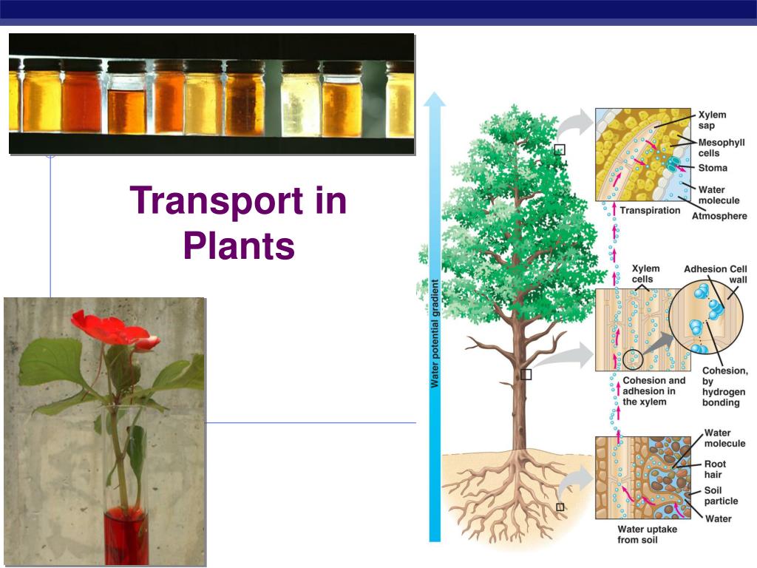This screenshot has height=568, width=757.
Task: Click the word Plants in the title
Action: pos(238,246)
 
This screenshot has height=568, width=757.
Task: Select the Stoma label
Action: pos(713,168)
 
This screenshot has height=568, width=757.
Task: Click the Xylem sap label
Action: pos(713,120)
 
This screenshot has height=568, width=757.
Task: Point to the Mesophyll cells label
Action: pos(722,147)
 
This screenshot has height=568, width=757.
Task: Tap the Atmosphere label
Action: pos(719,216)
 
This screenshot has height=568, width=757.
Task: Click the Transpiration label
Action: pos(650,211)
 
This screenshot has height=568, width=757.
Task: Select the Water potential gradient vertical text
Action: pos(435,333)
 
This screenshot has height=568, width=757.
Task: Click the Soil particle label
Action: pos(720,496)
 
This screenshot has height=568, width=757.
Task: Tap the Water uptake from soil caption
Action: pos(647,535)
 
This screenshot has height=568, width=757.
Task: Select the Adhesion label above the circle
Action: pos(705,269)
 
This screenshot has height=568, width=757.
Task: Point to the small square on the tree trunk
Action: pos(526,374)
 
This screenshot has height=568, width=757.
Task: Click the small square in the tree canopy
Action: pos(560,149)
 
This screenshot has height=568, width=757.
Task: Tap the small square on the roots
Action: pos(560,507)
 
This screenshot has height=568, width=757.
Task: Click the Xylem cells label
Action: pos(645,274)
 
